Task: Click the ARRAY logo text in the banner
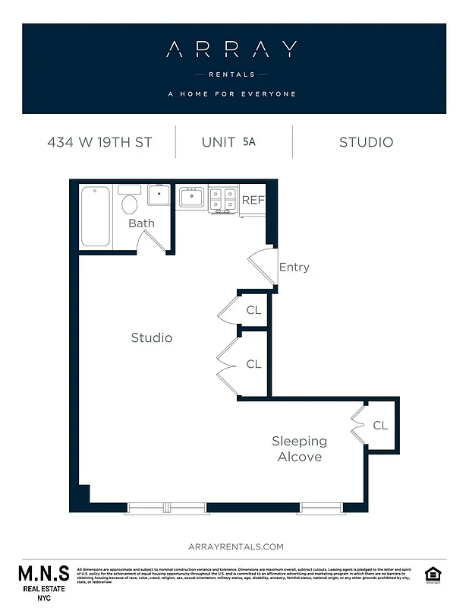coord(231,50)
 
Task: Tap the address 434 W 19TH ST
coord(99,142)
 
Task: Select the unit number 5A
coord(250,141)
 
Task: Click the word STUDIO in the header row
coord(366,142)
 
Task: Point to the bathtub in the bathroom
coord(96,217)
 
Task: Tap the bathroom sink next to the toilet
coord(159,195)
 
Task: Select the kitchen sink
coord(191,198)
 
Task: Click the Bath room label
coord(141,223)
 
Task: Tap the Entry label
coord(294,268)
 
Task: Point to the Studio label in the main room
coord(152,337)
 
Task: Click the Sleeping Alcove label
coord(300,449)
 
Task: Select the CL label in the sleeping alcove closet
coord(380,426)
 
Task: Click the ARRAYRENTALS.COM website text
coord(235,546)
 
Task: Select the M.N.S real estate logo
coord(43,581)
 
